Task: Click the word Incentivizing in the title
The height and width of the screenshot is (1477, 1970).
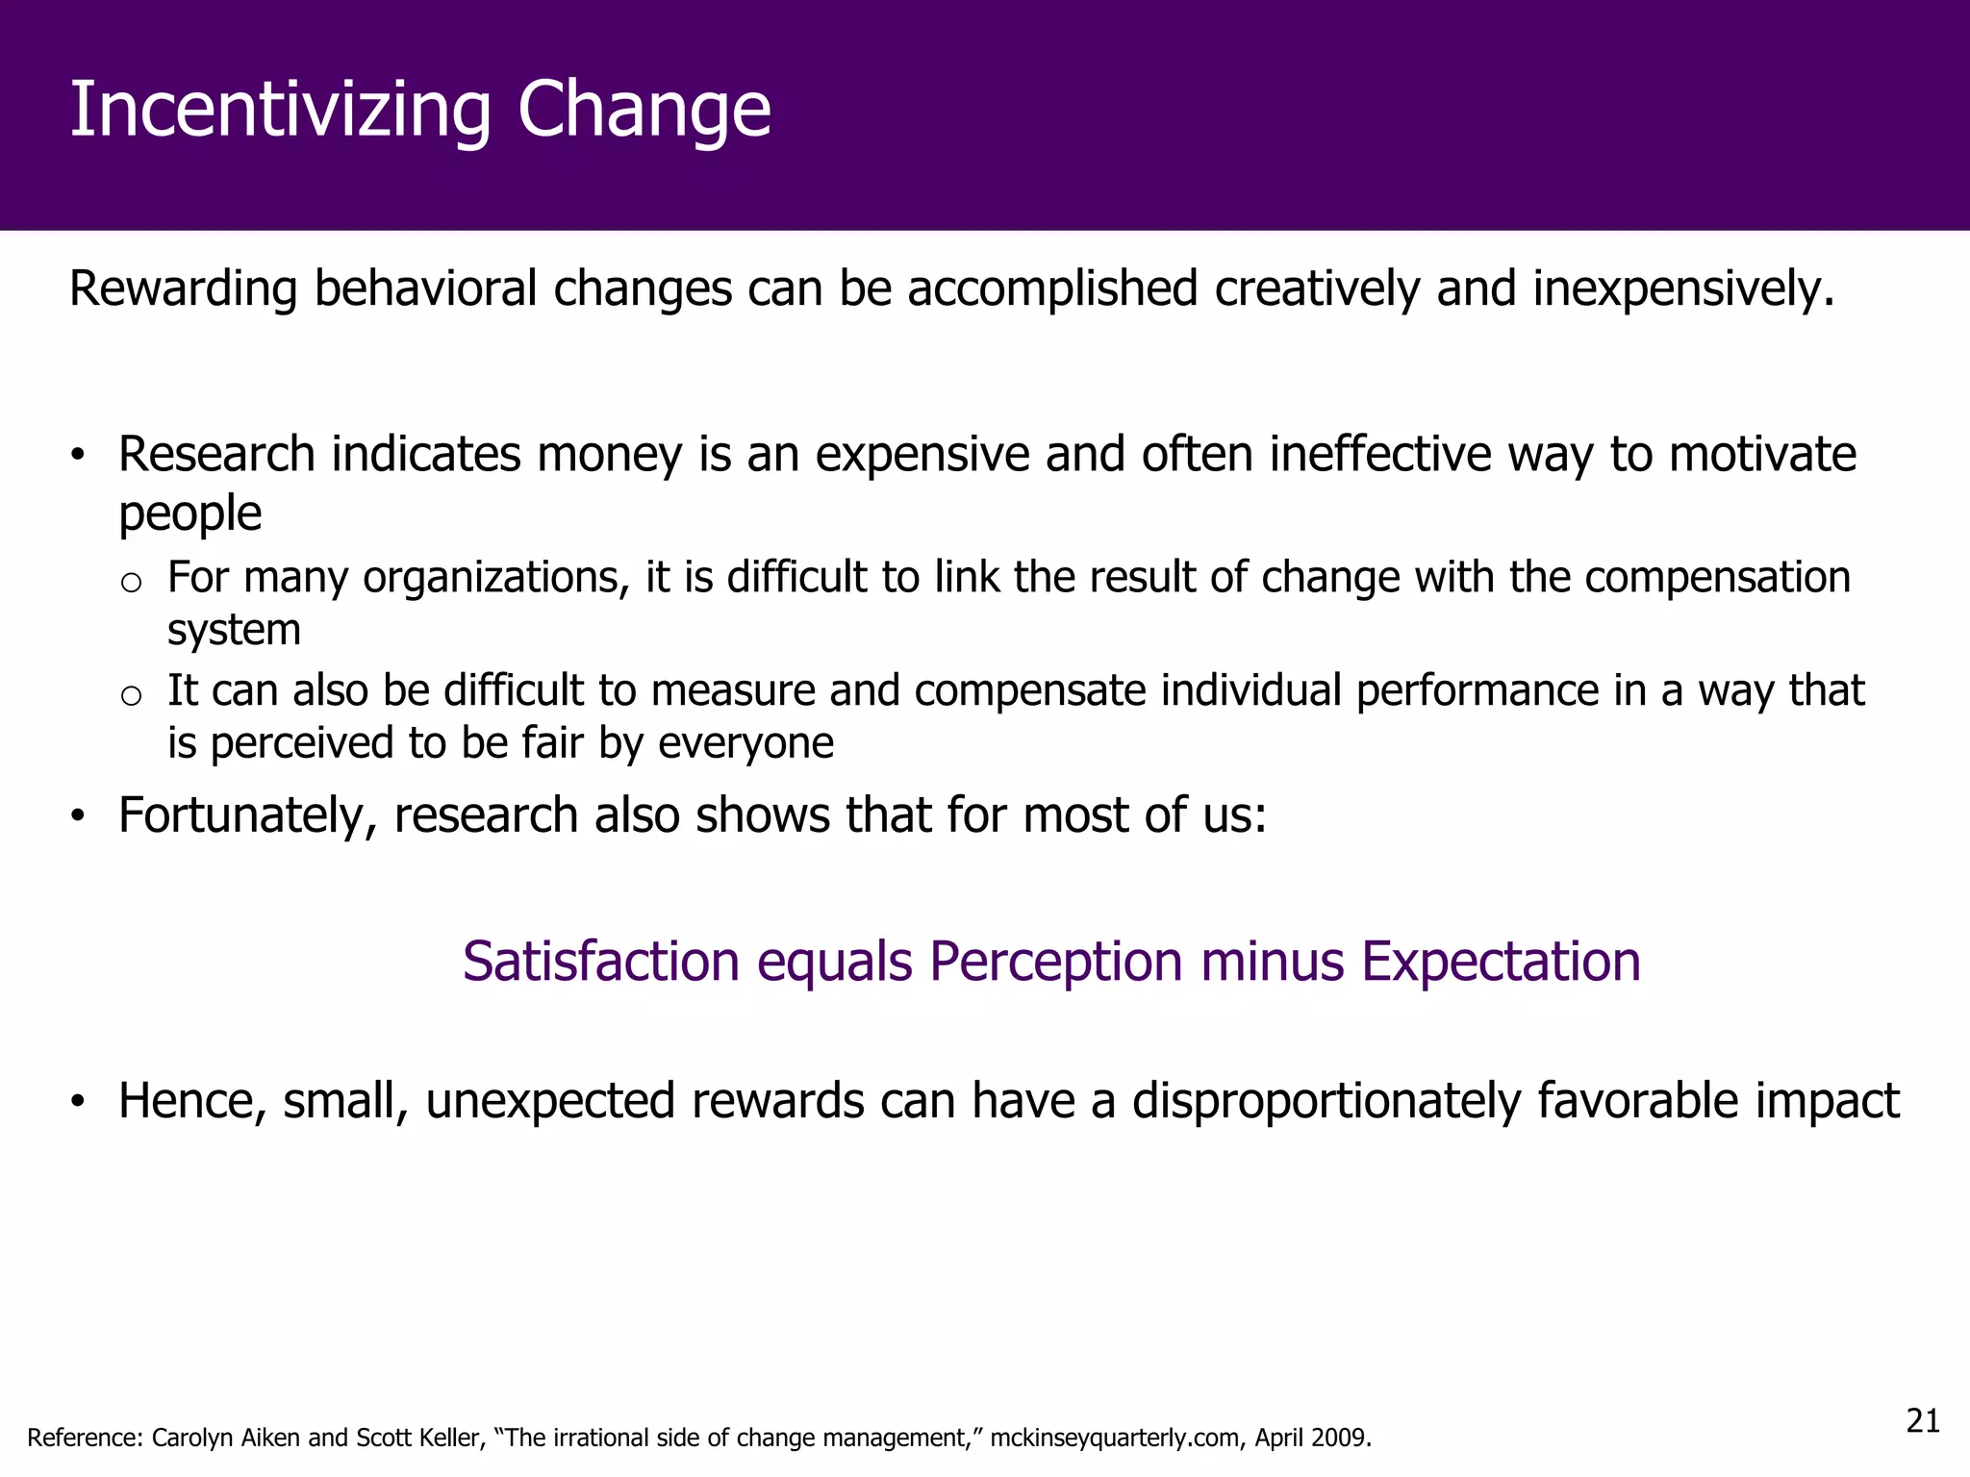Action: click(280, 111)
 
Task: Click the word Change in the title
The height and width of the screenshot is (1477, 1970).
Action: click(644, 111)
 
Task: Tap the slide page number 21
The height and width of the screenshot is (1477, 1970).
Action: click(1922, 1420)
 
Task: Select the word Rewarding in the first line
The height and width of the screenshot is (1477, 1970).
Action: click(183, 289)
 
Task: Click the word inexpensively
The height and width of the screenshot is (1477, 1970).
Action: click(1682, 289)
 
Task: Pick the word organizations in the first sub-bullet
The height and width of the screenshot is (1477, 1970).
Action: click(495, 578)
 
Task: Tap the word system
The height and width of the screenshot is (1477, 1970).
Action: click(234, 631)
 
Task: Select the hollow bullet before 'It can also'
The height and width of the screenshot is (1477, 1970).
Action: click(132, 695)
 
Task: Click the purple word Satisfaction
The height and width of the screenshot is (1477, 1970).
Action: click(600, 962)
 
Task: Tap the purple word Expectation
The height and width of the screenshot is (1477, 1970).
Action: click(1501, 962)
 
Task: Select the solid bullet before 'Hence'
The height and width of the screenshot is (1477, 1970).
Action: click(78, 1102)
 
